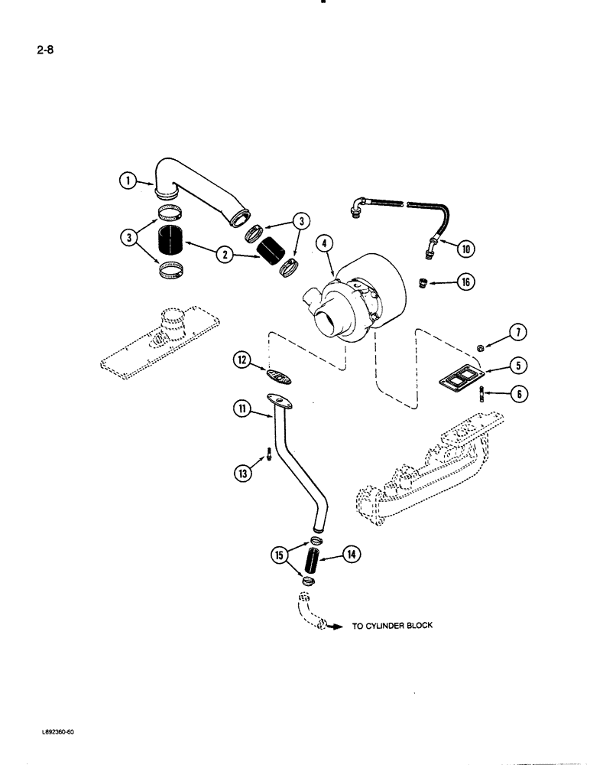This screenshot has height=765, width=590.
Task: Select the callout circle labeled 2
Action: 224,255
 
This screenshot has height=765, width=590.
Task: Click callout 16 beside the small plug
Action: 465,283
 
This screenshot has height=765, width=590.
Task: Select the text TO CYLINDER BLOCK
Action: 392,625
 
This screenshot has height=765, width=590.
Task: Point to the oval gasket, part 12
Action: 280,375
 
